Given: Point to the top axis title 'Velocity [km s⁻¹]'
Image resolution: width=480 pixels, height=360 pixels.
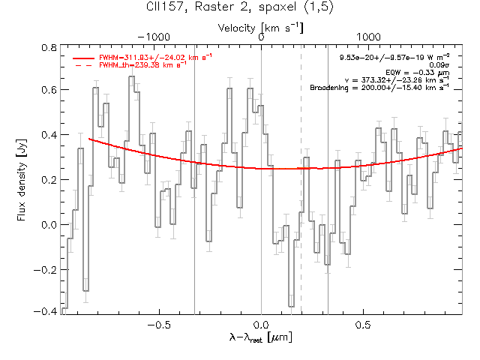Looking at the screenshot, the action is pyautogui.click(x=260, y=28).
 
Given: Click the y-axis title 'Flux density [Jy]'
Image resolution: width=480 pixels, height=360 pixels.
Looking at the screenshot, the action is pyautogui.click(x=22, y=180).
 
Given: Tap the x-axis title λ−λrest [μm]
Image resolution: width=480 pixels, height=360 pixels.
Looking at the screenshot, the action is pyautogui.click(x=261, y=337).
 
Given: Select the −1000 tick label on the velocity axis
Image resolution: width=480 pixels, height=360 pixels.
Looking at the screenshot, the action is pyautogui.click(x=154, y=37).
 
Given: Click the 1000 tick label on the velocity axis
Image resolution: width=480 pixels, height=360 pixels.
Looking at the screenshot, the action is pyautogui.click(x=368, y=37).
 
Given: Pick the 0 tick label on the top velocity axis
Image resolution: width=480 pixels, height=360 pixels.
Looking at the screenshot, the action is pyautogui.click(x=261, y=37).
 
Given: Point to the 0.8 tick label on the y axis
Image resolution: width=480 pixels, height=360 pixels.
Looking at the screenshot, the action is pyautogui.click(x=49, y=48).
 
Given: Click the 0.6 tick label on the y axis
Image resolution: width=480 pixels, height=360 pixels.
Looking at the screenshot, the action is pyautogui.click(x=49, y=90).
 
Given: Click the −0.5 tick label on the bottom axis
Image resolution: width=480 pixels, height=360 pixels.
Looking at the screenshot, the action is pyautogui.click(x=159, y=325).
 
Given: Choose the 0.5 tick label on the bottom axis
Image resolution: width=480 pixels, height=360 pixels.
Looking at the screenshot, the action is pyautogui.click(x=363, y=325).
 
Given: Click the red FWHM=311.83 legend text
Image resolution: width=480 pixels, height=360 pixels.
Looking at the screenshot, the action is pyautogui.click(x=155, y=57).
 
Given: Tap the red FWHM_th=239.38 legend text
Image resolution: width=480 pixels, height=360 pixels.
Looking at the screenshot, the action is pyautogui.click(x=142, y=65).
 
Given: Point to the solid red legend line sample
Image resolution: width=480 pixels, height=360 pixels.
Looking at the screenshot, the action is pyautogui.click(x=83, y=58).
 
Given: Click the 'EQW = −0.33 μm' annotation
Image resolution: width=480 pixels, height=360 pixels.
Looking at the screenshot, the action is pyautogui.click(x=418, y=73).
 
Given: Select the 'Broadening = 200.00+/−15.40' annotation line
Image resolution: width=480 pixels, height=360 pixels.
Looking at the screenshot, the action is pyautogui.click(x=379, y=88).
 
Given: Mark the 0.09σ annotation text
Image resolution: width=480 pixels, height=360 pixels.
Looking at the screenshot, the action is pyautogui.click(x=439, y=65).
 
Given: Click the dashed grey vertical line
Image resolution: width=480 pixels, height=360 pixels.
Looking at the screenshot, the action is pyautogui.click(x=301, y=179).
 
